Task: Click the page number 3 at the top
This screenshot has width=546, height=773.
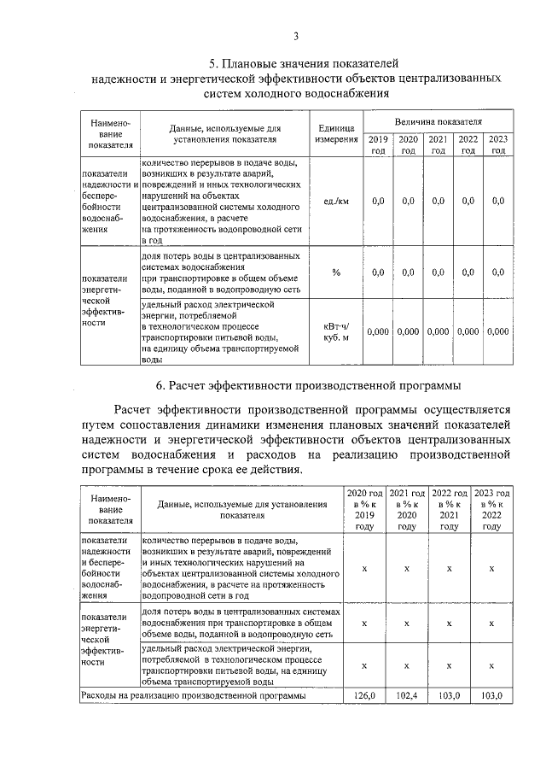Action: tap(295, 36)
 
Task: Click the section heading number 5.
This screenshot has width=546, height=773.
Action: tap(214, 64)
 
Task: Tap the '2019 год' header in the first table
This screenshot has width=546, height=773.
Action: tap(378, 144)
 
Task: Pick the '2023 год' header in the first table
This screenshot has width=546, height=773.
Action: tap(498, 144)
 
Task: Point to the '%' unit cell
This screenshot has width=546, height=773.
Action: tap(336, 272)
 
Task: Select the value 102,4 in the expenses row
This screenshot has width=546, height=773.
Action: tap(407, 696)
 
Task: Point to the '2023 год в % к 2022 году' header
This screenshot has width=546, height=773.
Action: tap(491, 510)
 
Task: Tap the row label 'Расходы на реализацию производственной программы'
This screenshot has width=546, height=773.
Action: tap(192, 696)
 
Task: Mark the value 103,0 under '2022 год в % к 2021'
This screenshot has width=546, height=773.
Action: tap(449, 696)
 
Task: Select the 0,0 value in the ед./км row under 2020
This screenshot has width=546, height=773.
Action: tap(408, 201)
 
